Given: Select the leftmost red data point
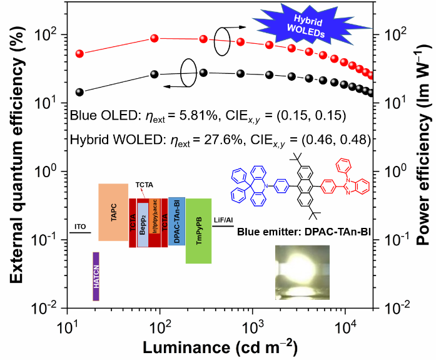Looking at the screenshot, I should click(79, 54).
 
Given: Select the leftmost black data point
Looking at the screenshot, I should click(79, 92).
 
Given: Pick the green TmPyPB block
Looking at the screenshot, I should click(198, 231).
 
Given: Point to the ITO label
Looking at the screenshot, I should click(80, 225).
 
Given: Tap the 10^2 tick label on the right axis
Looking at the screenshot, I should click(397, 34).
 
